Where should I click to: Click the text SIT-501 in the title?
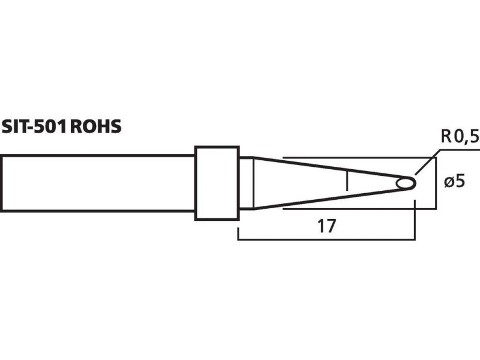pyautogui.click(x=34, y=126)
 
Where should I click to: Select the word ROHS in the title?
pyautogui.click(x=96, y=126)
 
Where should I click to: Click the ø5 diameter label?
pyautogui.click(x=455, y=182)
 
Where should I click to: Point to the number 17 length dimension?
pyautogui.click(x=326, y=226)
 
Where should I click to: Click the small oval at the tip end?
pyautogui.click(x=405, y=184)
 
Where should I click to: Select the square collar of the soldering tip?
pyautogui.click(x=217, y=183)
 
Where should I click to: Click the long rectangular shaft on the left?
pyautogui.click(x=98, y=183)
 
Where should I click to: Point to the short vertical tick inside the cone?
pyautogui.click(x=347, y=181)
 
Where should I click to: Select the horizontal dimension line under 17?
pyautogui.click(x=326, y=239)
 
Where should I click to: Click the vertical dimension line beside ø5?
pyautogui.click(x=436, y=184)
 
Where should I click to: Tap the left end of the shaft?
pyautogui.click(x=1, y=183)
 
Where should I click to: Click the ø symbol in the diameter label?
pyautogui.click(x=449, y=182)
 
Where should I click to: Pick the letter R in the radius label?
pyautogui.click(x=446, y=137)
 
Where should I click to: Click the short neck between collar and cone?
pyautogui.click(x=246, y=183)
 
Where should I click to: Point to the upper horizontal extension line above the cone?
pyautogui.click(x=359, y=158)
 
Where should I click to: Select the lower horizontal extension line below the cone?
pyautogui.click(x=359, y=209)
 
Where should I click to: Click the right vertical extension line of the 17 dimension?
pyautogui.click(x=415, y=220)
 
